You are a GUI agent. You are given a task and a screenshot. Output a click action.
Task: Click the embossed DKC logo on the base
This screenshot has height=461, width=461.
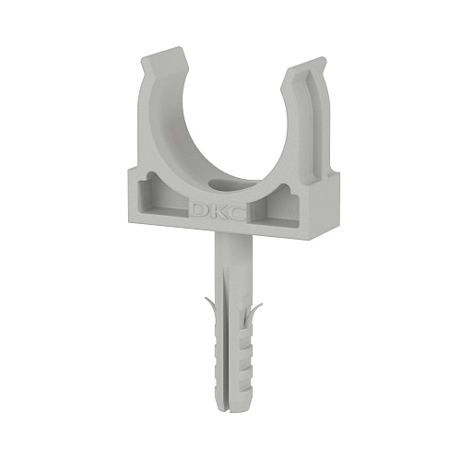[217, 211]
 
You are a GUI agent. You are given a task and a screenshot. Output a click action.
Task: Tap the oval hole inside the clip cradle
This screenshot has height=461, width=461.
[226, 183]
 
